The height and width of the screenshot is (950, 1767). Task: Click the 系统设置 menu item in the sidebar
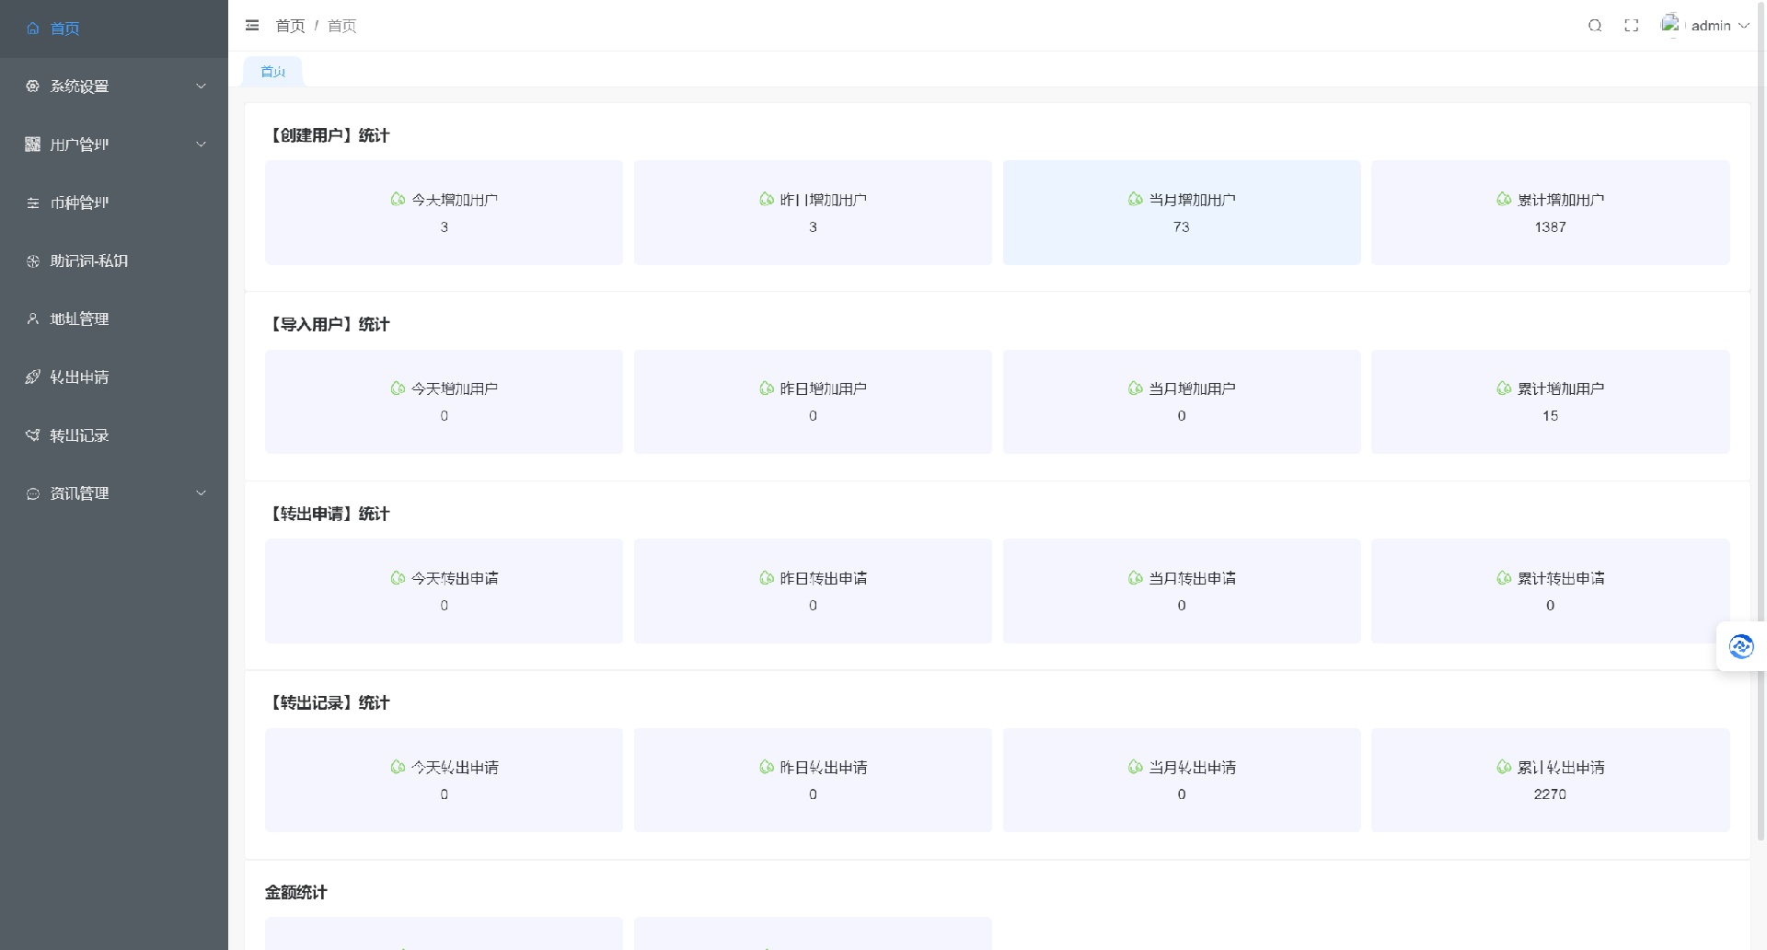pos(79,87)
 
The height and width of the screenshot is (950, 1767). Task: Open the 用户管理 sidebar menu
pos(79,145)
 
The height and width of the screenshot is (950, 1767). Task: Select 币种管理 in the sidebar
pos(79,203)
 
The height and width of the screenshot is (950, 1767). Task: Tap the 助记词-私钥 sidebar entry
pos(88,261)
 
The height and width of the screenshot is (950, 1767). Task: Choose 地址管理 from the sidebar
pos(79,319)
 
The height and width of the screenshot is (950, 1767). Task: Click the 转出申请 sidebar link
pos(79,377)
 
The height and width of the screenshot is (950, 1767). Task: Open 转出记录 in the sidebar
pos(79,435)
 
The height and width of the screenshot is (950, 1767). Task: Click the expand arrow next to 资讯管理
pos(201,493)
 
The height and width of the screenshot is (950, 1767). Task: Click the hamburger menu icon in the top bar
pos(252,26)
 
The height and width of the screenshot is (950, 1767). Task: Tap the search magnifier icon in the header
pos(1595,26)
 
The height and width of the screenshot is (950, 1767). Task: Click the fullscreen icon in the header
pos(1632,26)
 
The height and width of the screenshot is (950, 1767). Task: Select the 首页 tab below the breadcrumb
pos(273,72)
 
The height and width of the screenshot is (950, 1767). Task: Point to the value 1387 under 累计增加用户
pos(1550,227)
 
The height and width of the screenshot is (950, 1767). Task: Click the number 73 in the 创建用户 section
pos(1181,227)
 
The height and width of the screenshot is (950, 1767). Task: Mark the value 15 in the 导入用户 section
pos(1550,416)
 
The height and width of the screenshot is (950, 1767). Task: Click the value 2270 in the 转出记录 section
pos(1550,794)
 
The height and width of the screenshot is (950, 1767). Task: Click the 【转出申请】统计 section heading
pos(329,514)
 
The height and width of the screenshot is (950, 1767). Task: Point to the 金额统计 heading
pos(295,892)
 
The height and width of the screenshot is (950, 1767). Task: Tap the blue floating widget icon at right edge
pos(1740,646)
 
